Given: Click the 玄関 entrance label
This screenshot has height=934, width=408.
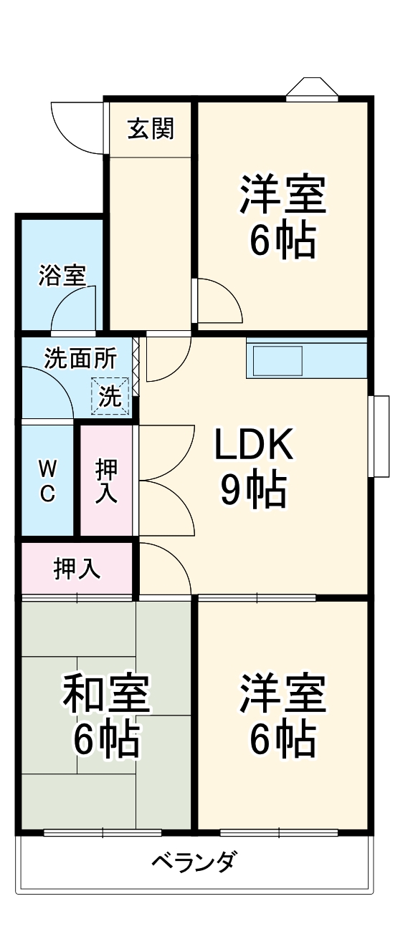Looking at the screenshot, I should point(151,129).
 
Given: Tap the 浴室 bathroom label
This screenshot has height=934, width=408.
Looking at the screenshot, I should point(62,274).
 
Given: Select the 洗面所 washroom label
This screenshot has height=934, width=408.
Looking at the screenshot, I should point(80,357).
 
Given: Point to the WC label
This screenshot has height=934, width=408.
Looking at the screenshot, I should point(47,481).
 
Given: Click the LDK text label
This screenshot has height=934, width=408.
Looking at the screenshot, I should point(254,446).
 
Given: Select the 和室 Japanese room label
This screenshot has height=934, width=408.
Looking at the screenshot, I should point(106,693).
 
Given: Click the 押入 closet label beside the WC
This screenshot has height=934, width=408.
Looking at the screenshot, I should point(107,481).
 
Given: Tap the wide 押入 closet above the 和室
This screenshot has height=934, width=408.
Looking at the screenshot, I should point(77,569).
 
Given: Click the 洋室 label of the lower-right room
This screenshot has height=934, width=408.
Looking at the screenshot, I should point(283,693).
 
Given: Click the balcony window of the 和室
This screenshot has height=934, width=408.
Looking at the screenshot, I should point(103,832).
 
